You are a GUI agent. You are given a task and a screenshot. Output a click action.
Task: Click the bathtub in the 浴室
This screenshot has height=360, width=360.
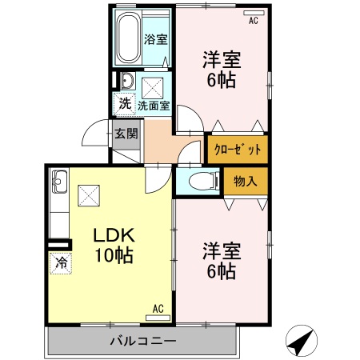[129, 38]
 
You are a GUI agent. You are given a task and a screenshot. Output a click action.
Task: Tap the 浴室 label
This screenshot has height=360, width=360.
[156, 39]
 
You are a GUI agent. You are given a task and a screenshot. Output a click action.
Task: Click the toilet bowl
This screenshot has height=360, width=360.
[203, 182]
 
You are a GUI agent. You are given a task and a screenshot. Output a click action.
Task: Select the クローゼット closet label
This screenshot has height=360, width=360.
[238, 150]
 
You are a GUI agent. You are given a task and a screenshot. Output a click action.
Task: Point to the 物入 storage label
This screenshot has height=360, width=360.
[246, 182]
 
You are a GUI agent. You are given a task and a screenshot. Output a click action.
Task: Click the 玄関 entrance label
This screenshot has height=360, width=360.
[126, 134]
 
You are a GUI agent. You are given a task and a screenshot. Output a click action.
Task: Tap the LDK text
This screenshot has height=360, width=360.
[114, 235]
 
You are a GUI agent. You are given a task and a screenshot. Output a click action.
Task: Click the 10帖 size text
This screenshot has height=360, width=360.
[114, 254]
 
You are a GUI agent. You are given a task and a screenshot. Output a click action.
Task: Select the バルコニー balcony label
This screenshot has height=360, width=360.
[143, 341]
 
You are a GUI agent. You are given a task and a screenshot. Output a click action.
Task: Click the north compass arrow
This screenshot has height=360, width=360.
[302, 341]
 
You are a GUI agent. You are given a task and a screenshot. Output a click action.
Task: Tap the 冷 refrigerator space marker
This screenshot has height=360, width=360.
[61, 263]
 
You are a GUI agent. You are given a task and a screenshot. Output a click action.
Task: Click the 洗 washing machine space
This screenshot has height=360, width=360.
[124, 104]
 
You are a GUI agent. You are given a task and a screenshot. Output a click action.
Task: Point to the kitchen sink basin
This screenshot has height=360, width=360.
[60, 181]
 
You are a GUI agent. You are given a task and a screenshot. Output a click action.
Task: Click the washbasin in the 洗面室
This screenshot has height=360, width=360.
[128, 81]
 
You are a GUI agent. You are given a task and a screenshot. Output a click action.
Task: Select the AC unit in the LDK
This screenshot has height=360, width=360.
[158, 318]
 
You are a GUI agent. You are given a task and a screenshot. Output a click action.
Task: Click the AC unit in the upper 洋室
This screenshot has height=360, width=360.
[254, 13]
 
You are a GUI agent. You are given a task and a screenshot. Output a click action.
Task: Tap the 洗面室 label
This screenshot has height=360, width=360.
[154, 106]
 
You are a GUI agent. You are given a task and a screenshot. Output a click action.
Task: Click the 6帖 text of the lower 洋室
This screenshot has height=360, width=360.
[222, 271]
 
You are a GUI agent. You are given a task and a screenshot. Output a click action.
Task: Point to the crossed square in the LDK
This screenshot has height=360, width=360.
[89, 195]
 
